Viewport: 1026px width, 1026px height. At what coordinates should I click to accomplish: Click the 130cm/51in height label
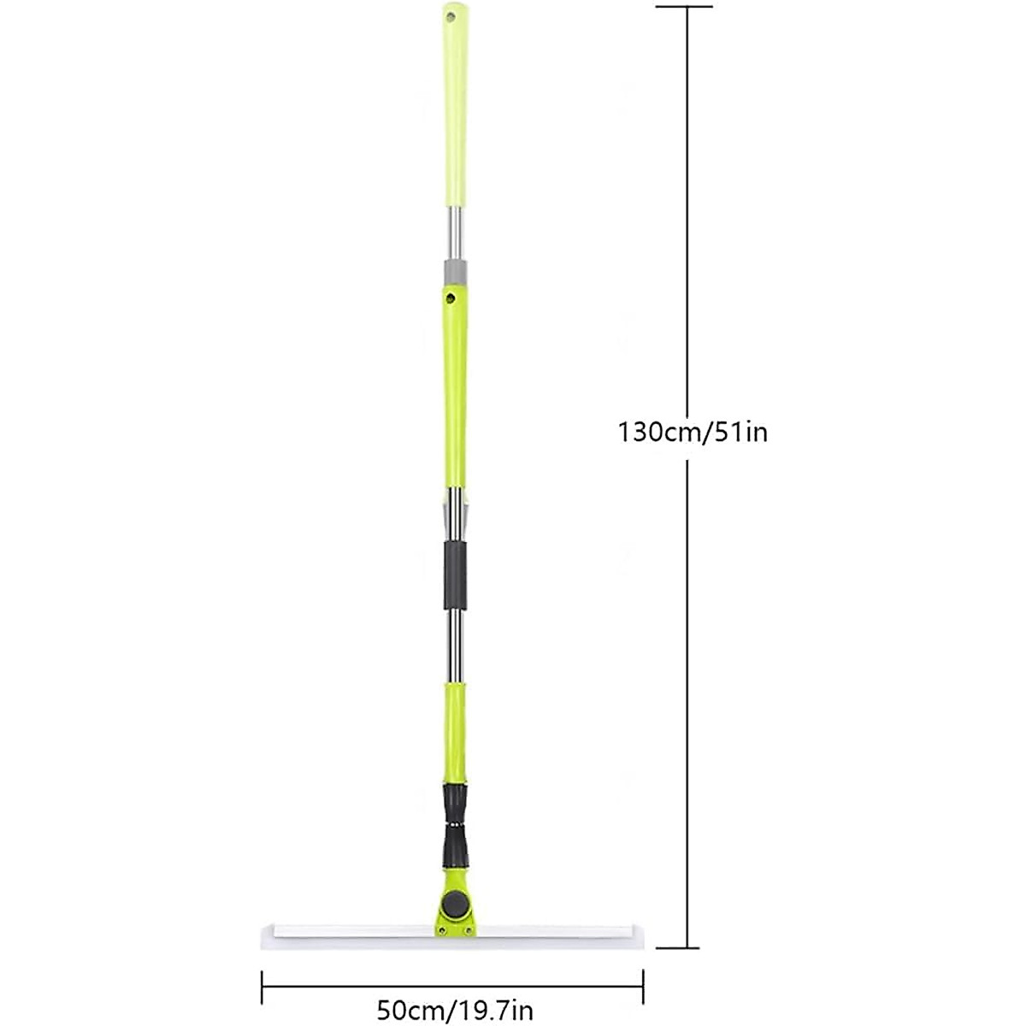(x=693, y=432)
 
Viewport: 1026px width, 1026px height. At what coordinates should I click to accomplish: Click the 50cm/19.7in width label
(x=455, y=1011)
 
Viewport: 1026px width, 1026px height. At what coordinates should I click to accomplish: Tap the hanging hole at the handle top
(x=453, y=15)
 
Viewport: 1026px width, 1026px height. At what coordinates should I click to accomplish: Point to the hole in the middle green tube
(x=449, y=298)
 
